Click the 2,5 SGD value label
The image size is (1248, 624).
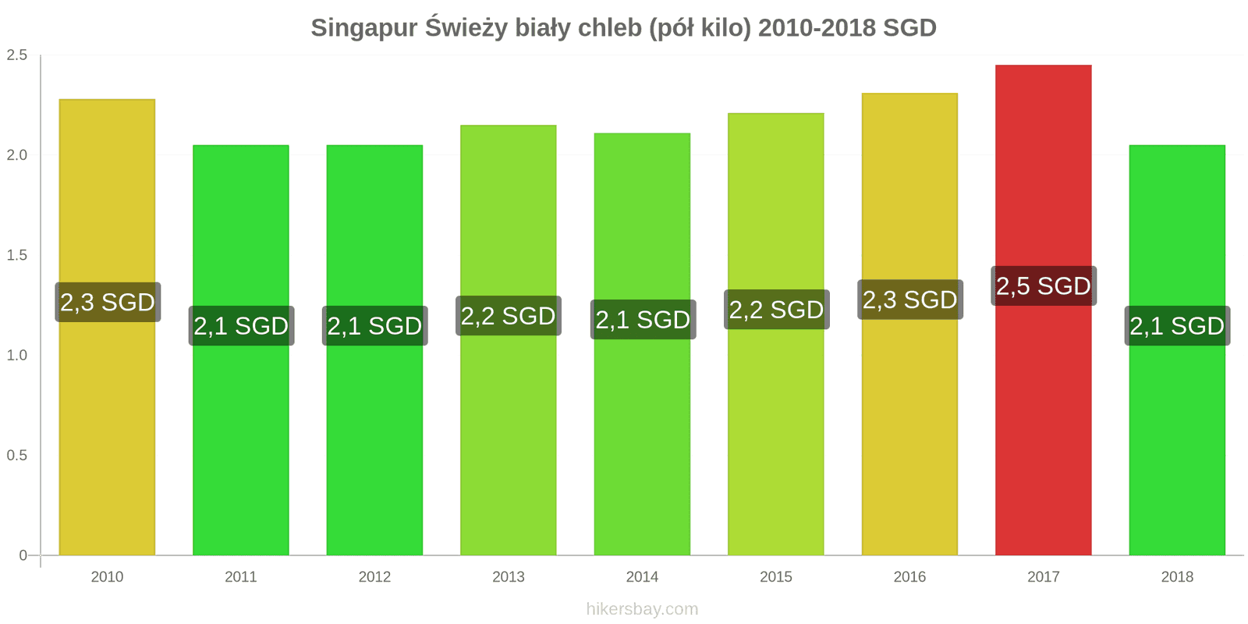pyautogui.click(x=1043, y=286)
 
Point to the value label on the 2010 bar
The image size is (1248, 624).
pyautogui.click(x=108, y=302)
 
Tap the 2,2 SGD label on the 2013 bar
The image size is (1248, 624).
pyautogui.click(x=509, y=316)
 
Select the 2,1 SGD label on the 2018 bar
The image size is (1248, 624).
pyautogui.click(x=1177, y=325)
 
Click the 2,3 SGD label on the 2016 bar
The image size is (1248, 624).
pyautogui.click(x=909, y=300)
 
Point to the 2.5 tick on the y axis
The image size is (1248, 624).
pyautogui.click(x=17, y=55)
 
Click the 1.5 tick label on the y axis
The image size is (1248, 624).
pyautogui.click(x=17, y=255)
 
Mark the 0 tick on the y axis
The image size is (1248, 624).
pyautogui.click(x=23, y=555)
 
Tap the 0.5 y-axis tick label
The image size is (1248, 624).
pyautogui.click(x=17, y=456)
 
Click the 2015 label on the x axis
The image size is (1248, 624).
pyautogui.click(x=775, y=577)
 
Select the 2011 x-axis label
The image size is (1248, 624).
pyautogui.click(x=240, y=577)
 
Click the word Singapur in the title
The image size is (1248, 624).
pyautogui.click(x=363, y=28)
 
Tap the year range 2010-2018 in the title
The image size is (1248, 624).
pyautogui.click(x=817, y=28)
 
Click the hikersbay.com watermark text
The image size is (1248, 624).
pyautogui.click(x=642, y=609)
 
